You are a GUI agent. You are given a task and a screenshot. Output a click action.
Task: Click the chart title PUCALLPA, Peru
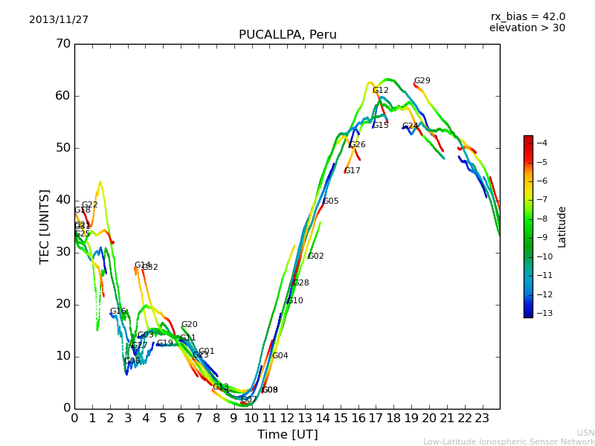(x=287, y=35)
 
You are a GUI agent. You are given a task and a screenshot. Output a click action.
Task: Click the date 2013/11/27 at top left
(x=59, y=20)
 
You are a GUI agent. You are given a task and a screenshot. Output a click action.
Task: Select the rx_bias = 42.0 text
(x=527, y=17)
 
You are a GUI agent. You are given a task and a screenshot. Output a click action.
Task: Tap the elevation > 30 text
(x=527, y=28)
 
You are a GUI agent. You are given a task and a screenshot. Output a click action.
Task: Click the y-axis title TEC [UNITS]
(x=45, y=226)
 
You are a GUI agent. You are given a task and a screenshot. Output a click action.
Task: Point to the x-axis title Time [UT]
(x=287, y=435)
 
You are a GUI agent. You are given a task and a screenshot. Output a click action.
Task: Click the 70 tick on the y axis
(x=62, y=44)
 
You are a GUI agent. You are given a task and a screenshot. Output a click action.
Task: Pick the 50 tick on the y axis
(x=62, y=148)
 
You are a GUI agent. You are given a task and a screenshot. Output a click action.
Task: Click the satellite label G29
(x=422, y=81)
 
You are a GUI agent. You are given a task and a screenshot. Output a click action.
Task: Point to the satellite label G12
(x=380, y=91)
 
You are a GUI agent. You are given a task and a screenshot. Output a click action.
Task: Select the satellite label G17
(x=352, y=171)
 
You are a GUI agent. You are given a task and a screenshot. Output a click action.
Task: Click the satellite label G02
(x=315, y=256)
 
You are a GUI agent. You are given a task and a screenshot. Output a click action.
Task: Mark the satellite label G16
(x=118, y=311)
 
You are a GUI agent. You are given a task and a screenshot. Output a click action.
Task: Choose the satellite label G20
(x=189, y=325)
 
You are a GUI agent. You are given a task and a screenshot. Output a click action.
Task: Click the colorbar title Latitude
(x=562, y=227)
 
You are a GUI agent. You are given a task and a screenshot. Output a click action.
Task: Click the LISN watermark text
(x=585, y=433)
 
